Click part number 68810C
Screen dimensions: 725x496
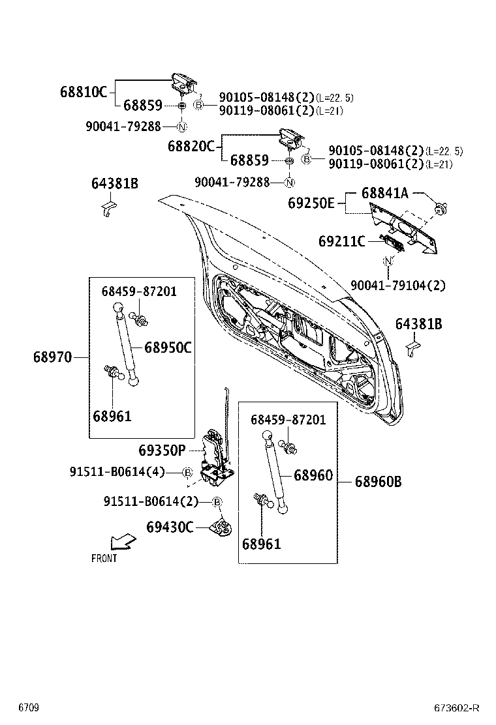tap(83, 92)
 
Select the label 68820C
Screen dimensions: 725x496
tap(191, 146)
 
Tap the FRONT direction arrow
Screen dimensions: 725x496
tap(123, 541)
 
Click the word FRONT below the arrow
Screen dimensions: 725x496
tap(104, 558)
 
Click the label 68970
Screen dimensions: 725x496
tap(53, 357)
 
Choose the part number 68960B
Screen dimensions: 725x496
tap(378, 482)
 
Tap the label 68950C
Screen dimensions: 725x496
tap(168, 348)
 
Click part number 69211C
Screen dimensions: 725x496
tap(341, 241)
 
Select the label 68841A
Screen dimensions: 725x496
tap(385, 193)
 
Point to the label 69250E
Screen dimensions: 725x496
tap(311, 203)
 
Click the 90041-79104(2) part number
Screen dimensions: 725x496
tap(398, 285)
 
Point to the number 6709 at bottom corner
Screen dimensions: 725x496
tap(28, 708)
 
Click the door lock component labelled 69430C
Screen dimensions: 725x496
tap(222, 527)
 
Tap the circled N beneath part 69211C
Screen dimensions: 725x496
tap(388, 261)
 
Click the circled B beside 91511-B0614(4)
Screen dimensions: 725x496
tap(187, 472)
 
